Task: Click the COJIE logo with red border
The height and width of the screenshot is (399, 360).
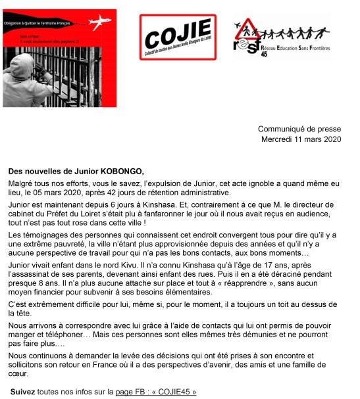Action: point(178,37)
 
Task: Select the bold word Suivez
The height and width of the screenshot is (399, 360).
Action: point(23,392)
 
